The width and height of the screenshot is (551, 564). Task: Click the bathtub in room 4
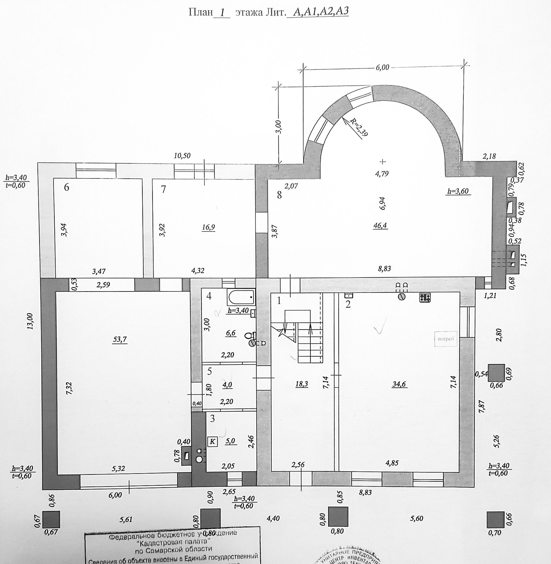241,297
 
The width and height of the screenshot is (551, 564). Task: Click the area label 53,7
120,339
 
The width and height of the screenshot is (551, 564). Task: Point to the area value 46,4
380,225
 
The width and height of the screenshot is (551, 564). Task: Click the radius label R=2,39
359,127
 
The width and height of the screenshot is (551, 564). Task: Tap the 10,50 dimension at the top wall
182,155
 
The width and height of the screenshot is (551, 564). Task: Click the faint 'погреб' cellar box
446,339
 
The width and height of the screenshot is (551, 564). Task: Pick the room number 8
279,195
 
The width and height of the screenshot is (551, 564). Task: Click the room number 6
67,187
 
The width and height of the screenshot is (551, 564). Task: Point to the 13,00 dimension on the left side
30,321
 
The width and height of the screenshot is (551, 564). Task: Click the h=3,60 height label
458,191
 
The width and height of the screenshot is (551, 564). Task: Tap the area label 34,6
399,384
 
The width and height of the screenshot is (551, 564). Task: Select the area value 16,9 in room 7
208,227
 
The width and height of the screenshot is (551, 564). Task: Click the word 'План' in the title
200,13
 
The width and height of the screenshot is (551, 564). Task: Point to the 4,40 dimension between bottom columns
273,518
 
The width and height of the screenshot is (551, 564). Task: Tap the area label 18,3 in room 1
302,384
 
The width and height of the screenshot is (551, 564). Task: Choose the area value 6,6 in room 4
231,333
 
